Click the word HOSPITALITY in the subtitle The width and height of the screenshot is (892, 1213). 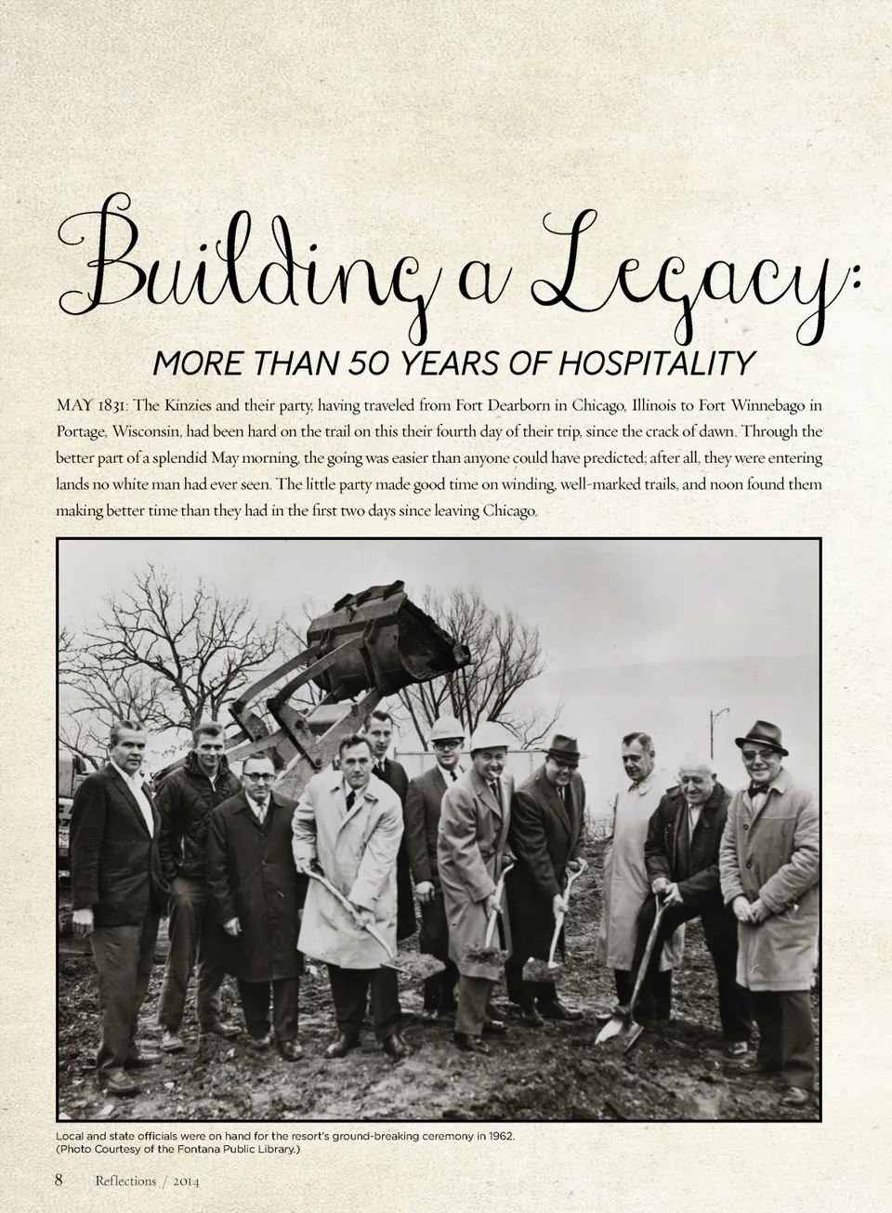pos(656,363)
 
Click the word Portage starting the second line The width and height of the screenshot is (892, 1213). pos(81,432)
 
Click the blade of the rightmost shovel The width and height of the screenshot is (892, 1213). pos(615,1028)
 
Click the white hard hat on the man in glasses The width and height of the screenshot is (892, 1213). pos(490,736)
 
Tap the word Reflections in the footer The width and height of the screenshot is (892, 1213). pos(125,1181)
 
